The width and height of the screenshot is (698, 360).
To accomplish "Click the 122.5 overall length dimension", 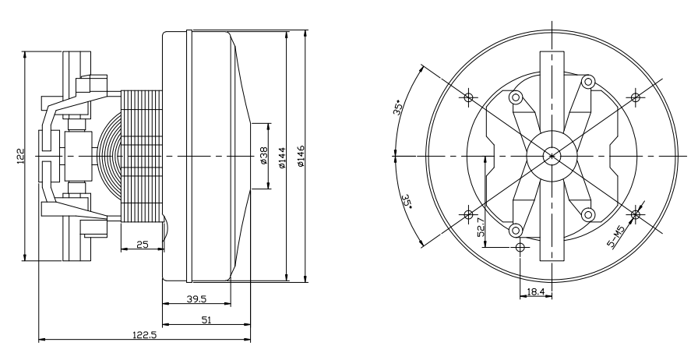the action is [144, 334].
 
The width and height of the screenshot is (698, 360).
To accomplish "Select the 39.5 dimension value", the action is [196, 298].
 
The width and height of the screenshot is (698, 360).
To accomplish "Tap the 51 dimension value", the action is [206, 319].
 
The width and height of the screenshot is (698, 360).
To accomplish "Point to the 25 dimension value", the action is [142, 244].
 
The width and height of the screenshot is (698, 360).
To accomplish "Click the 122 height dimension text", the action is [20, 157].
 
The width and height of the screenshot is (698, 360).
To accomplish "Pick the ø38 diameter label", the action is [263, 156].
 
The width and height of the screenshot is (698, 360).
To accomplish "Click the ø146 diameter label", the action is [301, 156].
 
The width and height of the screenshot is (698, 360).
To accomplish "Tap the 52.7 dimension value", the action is [481, 228].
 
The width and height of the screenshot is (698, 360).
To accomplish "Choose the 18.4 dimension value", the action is [535, 291].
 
